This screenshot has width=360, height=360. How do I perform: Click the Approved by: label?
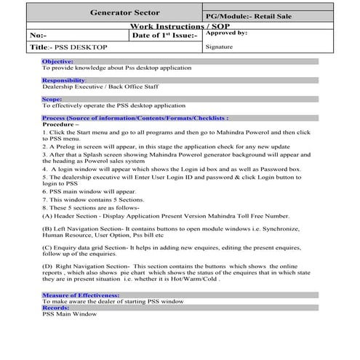227,33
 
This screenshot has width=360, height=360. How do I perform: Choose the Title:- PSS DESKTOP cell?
68,47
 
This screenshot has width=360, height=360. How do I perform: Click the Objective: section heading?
57,62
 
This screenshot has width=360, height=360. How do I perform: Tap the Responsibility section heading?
63,80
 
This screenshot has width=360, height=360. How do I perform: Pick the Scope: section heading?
52,98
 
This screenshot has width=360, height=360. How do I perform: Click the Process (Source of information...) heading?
135,117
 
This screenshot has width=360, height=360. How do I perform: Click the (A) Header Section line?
165,216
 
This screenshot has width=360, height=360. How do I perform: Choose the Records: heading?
55,308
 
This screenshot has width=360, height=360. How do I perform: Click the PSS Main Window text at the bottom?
68,314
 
